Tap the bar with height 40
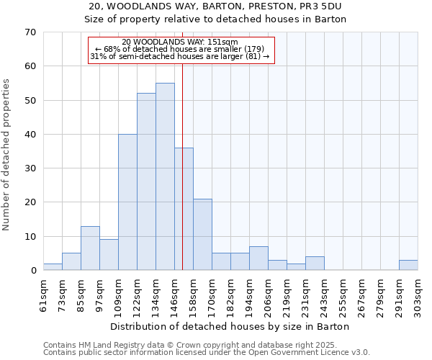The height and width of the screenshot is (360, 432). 127,202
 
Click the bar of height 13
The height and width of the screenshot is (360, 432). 90,248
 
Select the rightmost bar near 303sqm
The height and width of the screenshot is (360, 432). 408,265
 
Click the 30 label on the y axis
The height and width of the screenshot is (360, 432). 30,168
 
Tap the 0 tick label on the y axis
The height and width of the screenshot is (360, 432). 32,271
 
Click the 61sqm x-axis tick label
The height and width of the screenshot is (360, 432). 43,294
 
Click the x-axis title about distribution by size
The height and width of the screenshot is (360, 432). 230,326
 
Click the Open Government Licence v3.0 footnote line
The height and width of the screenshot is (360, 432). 207,352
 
